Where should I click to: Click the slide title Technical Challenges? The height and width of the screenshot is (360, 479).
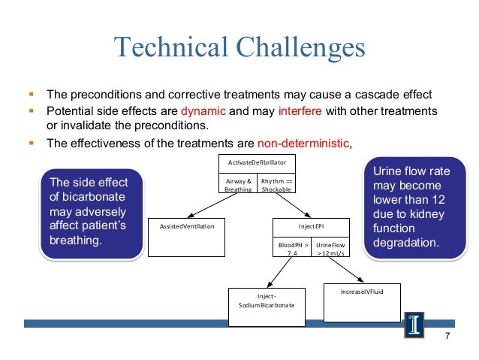coord(239,47)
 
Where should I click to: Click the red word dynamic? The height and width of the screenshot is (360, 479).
coord(203,110)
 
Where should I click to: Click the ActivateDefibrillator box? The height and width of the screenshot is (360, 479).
coord(257,162)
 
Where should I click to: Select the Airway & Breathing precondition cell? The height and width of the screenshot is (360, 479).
coord(238,185)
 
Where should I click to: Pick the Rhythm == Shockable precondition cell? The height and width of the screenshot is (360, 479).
coord(276,185)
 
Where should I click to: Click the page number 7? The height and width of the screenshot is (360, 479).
coord(447,336)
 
